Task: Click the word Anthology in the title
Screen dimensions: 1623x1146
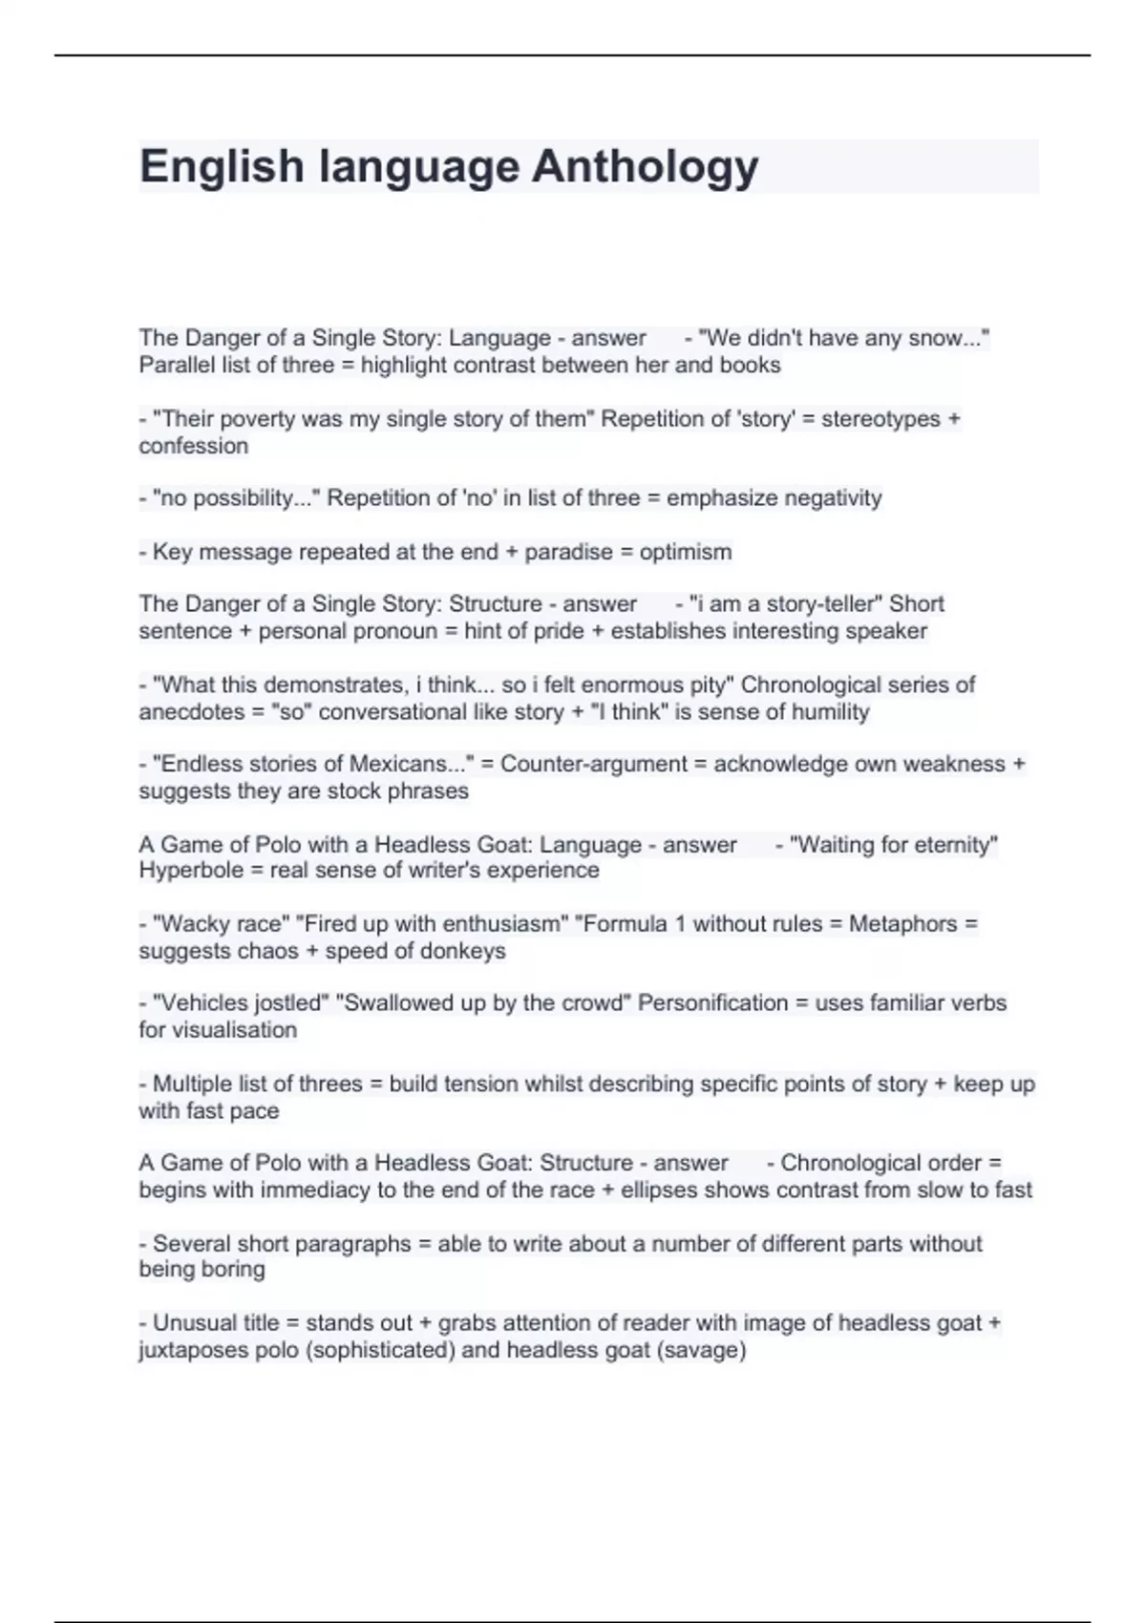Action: point(645,167)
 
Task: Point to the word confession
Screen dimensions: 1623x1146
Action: point(193,446)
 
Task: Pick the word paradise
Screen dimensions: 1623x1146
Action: point(568,552)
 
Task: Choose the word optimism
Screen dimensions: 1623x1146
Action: point(685,552)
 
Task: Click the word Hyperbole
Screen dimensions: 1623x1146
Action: point(192,870)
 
